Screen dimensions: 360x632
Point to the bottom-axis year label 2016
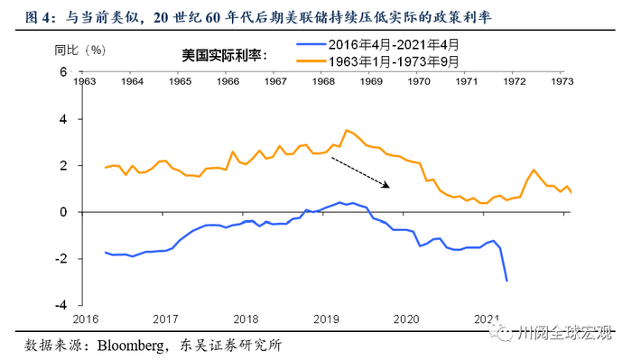pyautogui.click(x=87, y=318)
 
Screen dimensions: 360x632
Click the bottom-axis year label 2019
pyautogui.click(x=324, y=318)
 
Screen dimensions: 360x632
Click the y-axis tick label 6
pyautogui.click(x=63, y=72)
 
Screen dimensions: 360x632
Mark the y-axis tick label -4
pyautogui.click(x=60, y=305)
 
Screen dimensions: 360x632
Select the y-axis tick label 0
pyautogui.click(x=63, y=212)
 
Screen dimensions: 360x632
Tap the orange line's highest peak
pyautogui.click(x=346, y=130)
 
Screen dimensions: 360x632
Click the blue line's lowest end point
pyautogui.click(x=507, y=281)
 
